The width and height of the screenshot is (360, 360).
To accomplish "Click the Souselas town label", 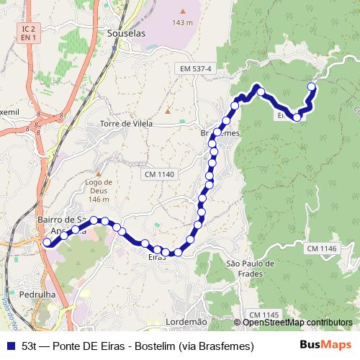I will [x=126, y=33].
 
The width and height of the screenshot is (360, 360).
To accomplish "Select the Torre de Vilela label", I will [x=127, y=123].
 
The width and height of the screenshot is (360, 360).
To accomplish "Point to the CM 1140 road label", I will [x=160, y=174].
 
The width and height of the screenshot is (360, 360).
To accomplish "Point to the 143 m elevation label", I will [x=183, y=22].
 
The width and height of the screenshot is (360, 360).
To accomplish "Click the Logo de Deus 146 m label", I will [x=98, y=191].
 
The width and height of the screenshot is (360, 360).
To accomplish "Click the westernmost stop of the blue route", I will [x=48, y=243].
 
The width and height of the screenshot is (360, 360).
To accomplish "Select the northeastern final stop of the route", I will [x=312, y=87].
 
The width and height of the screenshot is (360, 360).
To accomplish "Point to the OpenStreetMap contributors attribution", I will [x=297, y=322].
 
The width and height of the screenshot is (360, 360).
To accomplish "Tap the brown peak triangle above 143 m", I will [x=183, y=12].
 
